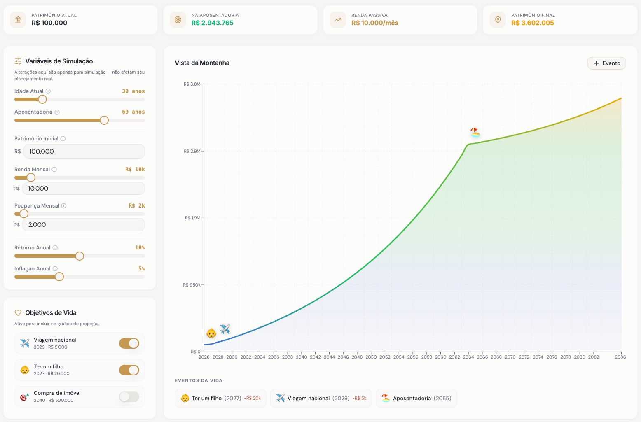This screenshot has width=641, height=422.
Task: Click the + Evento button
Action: pos(606,63)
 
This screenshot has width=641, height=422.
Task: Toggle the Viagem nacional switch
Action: pos(129,343)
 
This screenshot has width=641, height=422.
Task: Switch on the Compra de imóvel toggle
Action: pos(129,396)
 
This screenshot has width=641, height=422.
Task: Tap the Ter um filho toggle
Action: pos(129,370)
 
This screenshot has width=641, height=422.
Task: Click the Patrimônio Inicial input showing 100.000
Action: pos(84,151)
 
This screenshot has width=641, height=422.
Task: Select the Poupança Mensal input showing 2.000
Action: pos(84,224)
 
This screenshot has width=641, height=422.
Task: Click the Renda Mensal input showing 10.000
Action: pos(84,189)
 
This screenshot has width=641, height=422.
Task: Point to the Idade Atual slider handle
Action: pos(42,99)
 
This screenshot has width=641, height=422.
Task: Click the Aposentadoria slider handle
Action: pos(104,120)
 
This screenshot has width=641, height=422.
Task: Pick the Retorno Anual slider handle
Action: pos(80,256)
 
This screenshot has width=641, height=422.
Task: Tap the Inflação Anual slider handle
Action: pos(59,277)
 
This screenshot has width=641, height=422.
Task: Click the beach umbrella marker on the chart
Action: pos(475,132)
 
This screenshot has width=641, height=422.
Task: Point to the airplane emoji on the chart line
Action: pos(225,329)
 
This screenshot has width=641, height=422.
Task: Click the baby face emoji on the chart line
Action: pos(211,333)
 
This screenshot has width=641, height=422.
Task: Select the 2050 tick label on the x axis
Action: pos(371,357)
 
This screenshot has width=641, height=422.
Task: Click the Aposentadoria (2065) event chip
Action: pos(416,398)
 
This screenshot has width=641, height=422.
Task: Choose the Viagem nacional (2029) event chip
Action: pos(321,398)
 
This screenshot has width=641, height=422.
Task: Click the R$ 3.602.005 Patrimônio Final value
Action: pos(533,23)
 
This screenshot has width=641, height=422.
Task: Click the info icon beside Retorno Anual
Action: pos(55,247)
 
